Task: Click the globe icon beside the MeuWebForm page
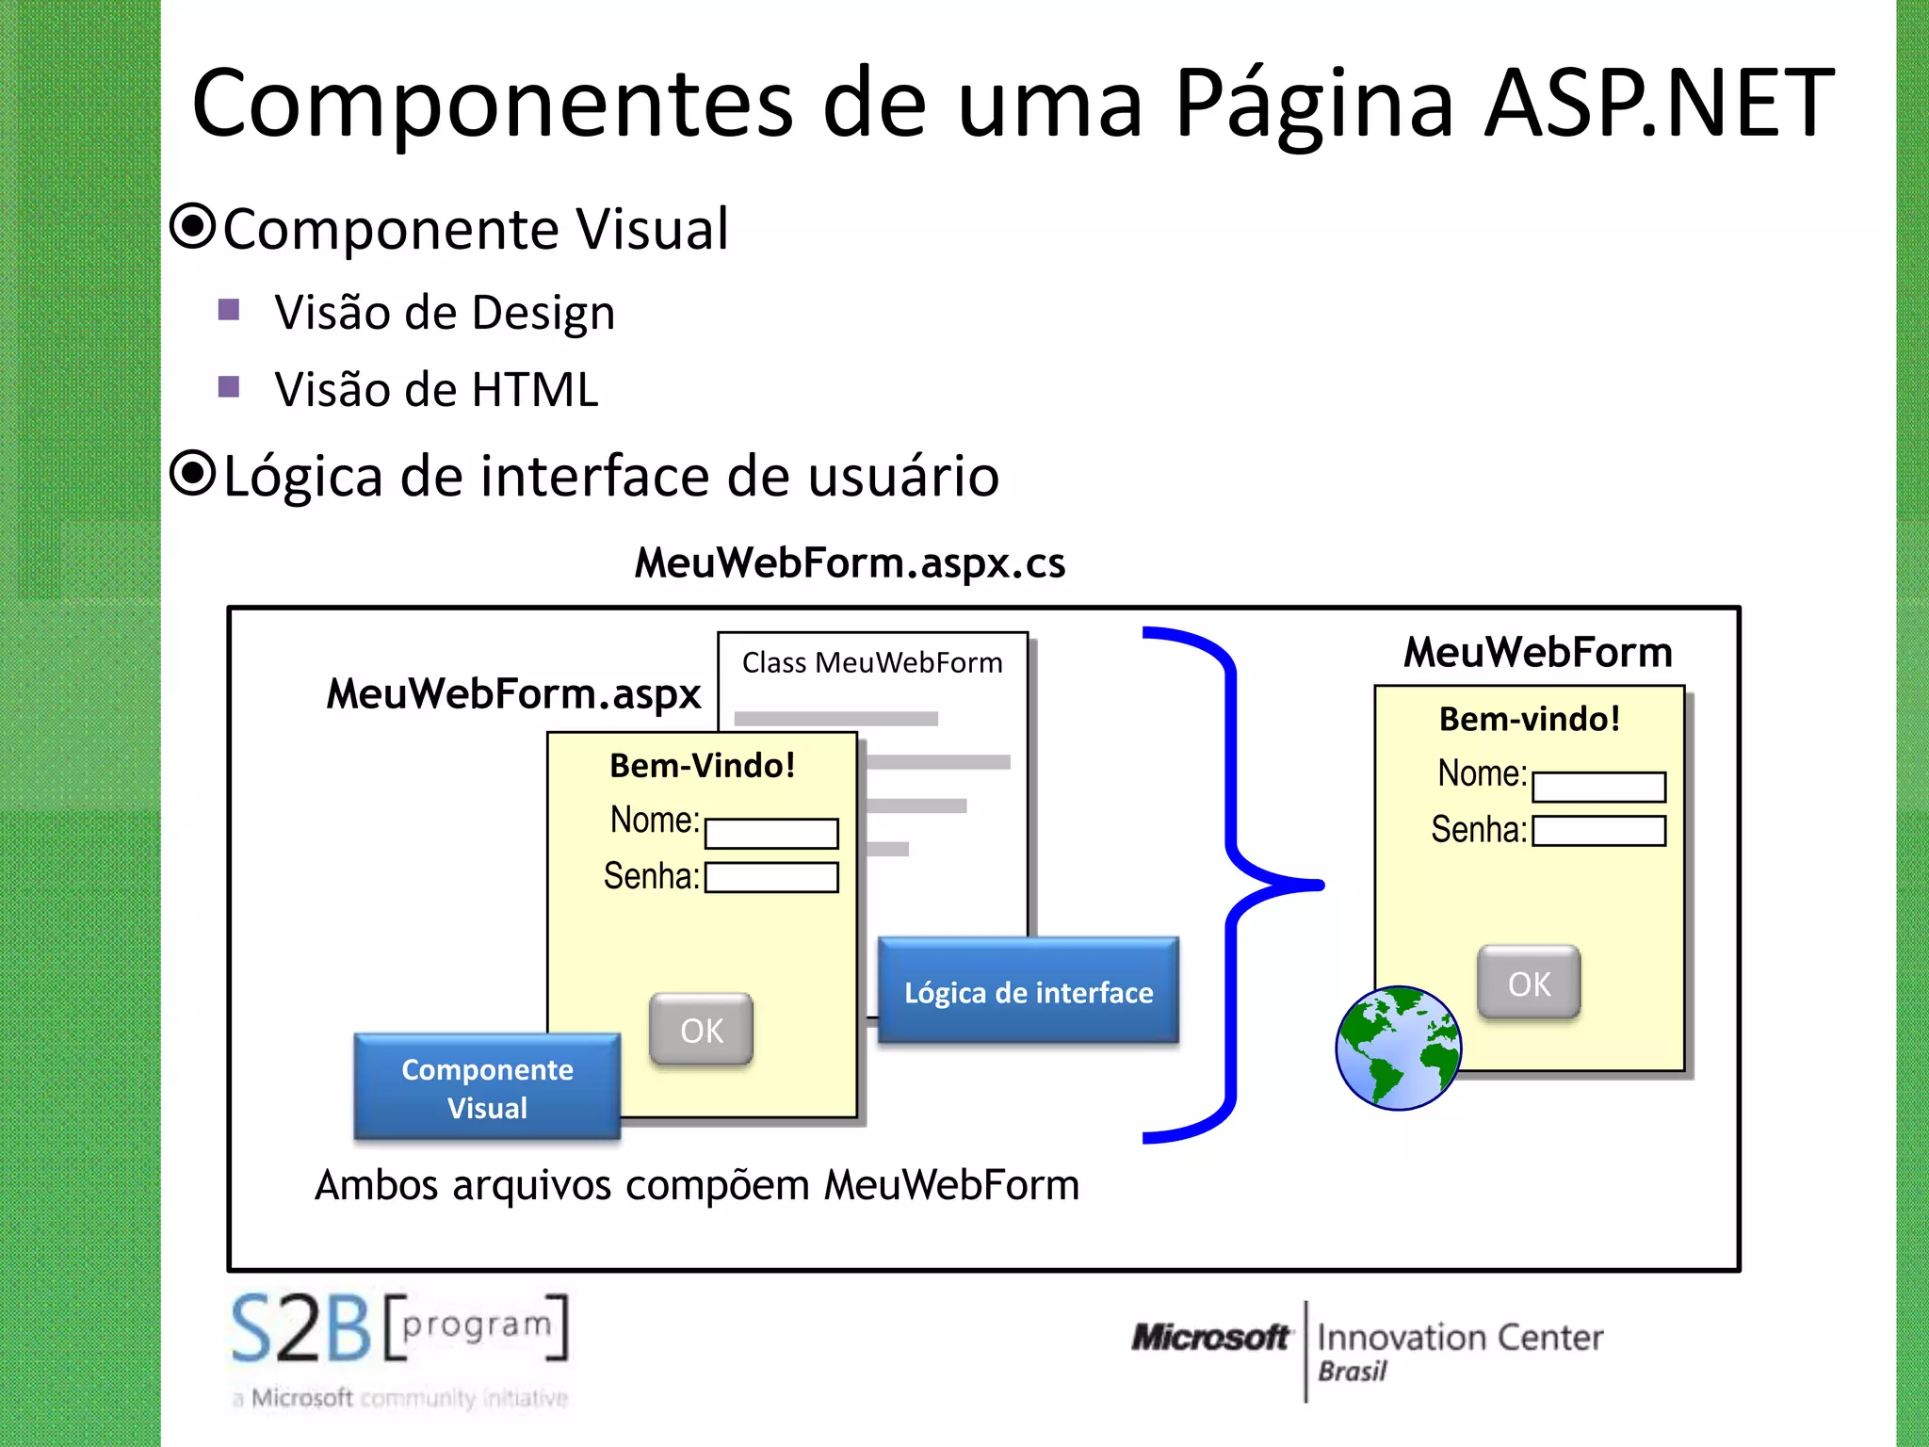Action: tap(1399, 1048)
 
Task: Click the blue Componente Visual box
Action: tap(487, 1087)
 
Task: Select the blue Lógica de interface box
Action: tap(1028, 991)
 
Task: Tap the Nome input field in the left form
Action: tap(771, 834)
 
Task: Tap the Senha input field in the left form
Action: tap(771, 877)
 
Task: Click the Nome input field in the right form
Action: tap(1598, 787)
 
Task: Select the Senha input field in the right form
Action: tap(1598, 831)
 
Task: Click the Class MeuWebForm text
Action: tap(871, 663)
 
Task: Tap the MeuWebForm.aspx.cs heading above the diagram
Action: tap(850, 563)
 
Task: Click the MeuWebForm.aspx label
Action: tap(513, 694)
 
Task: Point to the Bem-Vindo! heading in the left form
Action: tap(702, 766)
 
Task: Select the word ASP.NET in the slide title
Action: tap(1658, 104)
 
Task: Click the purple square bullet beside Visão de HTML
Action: tap(229, 386)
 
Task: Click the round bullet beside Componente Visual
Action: tap(194, 227)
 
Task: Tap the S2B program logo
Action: tap(399, 1328)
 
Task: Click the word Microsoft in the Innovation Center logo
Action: tap(1210, 1337)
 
